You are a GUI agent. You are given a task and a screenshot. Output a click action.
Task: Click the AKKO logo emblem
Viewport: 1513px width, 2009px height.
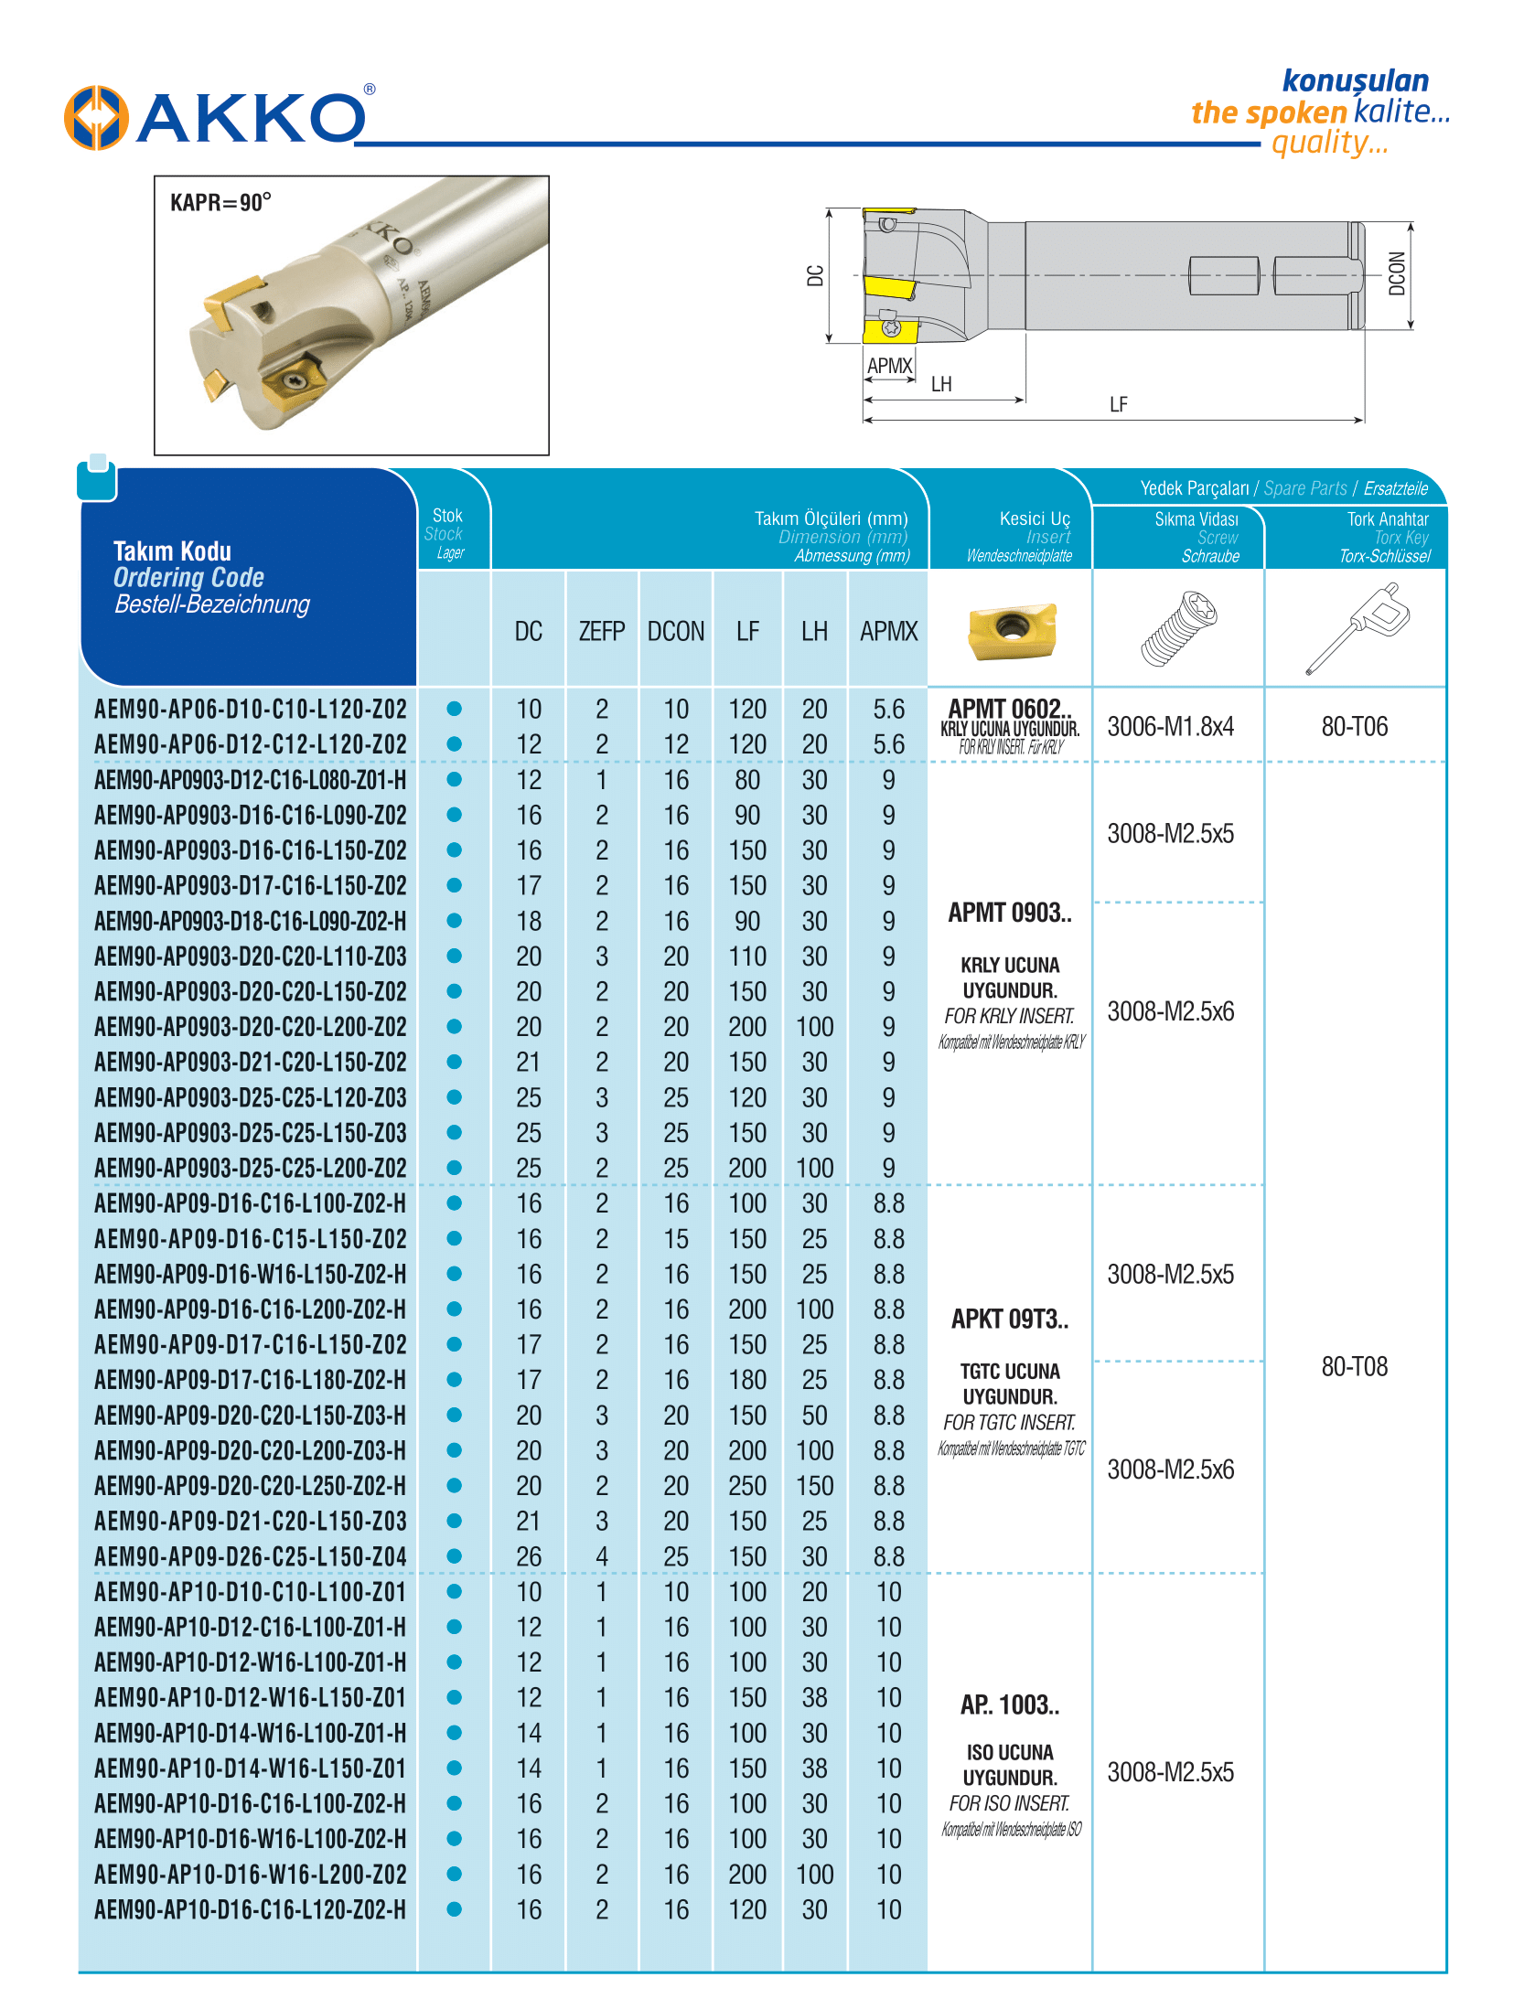pyautogui.click(x=95, y=118)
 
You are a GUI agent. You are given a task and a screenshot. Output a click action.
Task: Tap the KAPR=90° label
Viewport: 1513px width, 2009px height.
pyautogui.click(x=220, y=202)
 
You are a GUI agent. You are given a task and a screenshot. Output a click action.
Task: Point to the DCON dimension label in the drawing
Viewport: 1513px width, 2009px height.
pyautogui.click(x=1396, y=273)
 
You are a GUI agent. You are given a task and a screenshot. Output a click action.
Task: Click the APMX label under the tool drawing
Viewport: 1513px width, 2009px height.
pyautogui.click(x=889, y=366)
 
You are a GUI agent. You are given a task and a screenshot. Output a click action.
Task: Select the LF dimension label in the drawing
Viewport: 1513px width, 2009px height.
pyautogui.click(x=1118, y=404)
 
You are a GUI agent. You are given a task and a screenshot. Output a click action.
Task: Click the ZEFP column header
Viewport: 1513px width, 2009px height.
pyautogui.click(x=601, y=631)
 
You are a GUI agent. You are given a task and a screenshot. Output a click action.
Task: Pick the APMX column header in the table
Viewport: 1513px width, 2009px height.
pyautogui.click(x=888, y=631)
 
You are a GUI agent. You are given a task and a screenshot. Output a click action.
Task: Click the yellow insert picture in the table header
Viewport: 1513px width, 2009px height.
pyautogui.click(x=1012, y=630)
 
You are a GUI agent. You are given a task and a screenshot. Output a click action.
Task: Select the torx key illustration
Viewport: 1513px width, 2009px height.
pyautogui.click(x=1357, y=629)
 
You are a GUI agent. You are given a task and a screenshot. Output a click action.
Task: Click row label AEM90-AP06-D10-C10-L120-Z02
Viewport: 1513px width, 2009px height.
pyautogui.click(x=250, y=709)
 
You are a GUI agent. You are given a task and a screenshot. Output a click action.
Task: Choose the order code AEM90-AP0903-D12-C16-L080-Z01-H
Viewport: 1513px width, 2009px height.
pyautogui.click(x=250, y=780)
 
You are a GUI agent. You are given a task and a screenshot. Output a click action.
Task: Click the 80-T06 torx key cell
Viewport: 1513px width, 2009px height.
pyautogui.click(x=1354, y=727)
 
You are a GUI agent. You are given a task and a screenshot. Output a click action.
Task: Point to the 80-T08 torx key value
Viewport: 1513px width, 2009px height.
pyautogui.click(x=1354, y=1366)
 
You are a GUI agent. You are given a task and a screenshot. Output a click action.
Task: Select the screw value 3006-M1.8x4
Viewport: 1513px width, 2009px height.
pyautogui.click(x=1170, y=727)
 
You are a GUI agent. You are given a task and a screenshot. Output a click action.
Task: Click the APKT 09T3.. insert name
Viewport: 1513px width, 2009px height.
pyautogui.click(x=1010, y=1319)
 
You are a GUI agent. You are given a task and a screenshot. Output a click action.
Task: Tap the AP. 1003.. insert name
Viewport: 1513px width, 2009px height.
pyautogui.click(x=1010, y=1704)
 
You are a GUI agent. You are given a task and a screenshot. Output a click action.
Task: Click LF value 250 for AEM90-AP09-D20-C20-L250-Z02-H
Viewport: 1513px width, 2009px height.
pyautogui.click(x=747, y=1486)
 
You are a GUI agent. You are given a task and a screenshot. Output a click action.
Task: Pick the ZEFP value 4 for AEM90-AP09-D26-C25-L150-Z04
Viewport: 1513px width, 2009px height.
pyautogui.click(x=601, y=1556)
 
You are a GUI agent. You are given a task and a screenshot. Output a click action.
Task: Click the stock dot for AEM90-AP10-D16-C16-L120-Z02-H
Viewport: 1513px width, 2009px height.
pyautogui.click(x=454, y=1909)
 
